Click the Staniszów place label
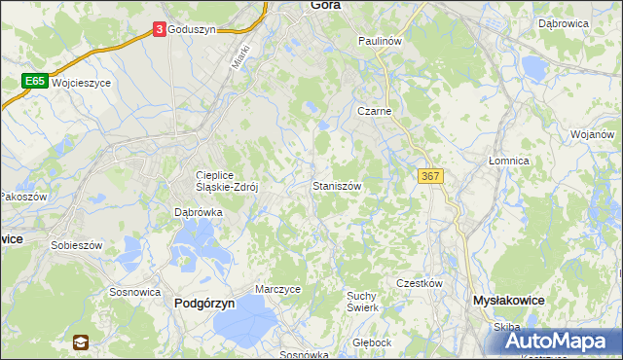tap(338, 185)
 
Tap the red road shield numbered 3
tap(159, 30)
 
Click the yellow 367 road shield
tap(430, 175)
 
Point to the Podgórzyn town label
tap(204, 303)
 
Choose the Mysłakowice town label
tap(507, 302)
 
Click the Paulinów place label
tap(380, 42)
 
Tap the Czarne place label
tap(374, 112)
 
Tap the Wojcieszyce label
tap(82, 84)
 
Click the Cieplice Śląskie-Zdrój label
tap(227, 182)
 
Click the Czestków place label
tap(420, 282)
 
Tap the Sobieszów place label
tap(77, 245)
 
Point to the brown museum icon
tap(80, 342)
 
